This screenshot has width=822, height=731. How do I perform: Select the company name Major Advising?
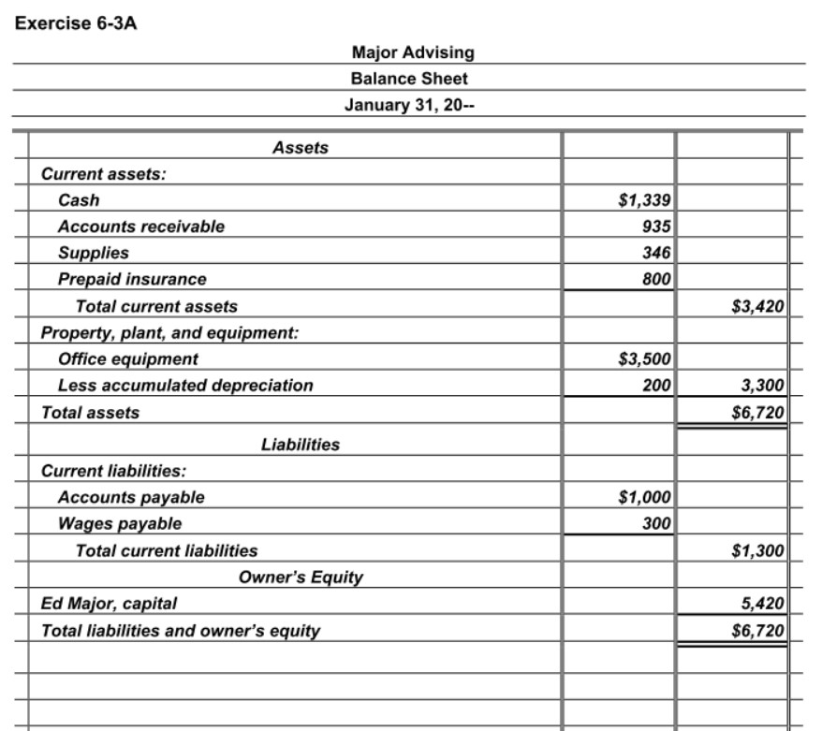(412, 52)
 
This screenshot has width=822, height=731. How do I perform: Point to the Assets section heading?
(300, 147)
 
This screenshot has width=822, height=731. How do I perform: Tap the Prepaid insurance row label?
(132, 279)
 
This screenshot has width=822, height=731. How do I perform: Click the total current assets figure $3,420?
(757, 305)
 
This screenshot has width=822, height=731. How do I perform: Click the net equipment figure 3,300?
(762, 385)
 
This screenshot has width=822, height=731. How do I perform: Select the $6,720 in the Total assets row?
(757, 412)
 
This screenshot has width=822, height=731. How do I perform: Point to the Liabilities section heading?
(300, 445)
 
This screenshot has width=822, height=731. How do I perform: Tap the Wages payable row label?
(120, 523)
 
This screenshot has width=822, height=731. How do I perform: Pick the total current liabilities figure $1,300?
(757, 550)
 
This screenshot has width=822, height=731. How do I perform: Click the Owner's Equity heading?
(301, 577)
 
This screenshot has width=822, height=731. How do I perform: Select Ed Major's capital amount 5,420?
(762, 603)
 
